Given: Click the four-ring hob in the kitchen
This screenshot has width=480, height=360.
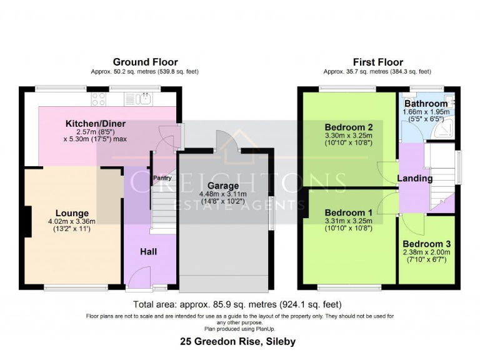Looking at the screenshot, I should click(x=99, y=98).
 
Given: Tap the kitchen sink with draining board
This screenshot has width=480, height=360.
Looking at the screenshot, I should click(x=138, y=98).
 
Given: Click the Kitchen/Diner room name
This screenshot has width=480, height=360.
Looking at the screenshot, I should click(x=96, y=124).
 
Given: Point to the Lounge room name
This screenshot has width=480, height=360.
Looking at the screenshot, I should click(x=72, y=213).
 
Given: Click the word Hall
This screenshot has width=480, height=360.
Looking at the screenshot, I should click(x=148, y=252).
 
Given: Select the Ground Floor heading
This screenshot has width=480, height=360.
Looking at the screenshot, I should click(x=145, y=62).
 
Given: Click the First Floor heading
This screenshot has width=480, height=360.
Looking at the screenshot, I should click(x=377, y=62).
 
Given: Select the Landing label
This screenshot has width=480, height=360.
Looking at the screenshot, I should click(x=416, y=179).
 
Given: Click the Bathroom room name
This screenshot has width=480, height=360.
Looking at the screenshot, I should click(x=426, y=103).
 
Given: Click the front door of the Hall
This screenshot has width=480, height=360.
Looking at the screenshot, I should click(x=141, y=276).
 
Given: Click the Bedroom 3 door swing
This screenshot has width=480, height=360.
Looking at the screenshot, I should click(x=408, y=222).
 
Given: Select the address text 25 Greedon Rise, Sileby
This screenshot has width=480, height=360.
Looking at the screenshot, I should click(x=237, y=342).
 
